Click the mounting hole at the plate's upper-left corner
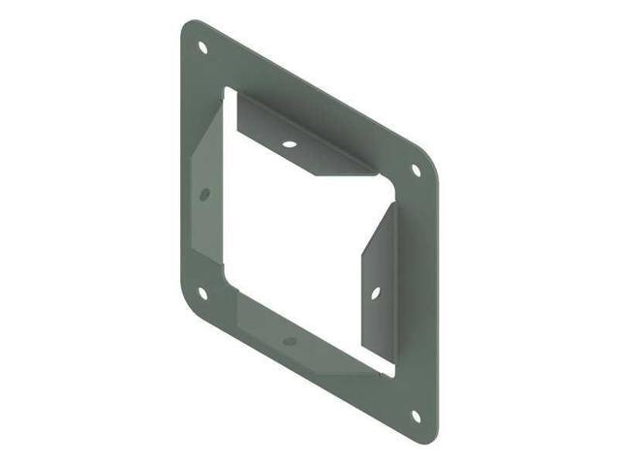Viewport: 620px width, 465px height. pos(202,46)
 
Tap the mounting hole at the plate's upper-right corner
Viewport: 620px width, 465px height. pos(417,170)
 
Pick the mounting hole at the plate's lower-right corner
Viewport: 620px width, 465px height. pos(417,417)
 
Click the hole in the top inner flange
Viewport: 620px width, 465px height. pos(289,144)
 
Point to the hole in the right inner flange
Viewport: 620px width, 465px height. pos(375,290)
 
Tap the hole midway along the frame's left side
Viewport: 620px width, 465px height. pos(204,195)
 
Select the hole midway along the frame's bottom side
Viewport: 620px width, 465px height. pos(289,341)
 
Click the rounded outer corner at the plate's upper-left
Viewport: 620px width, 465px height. pos(188,27)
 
